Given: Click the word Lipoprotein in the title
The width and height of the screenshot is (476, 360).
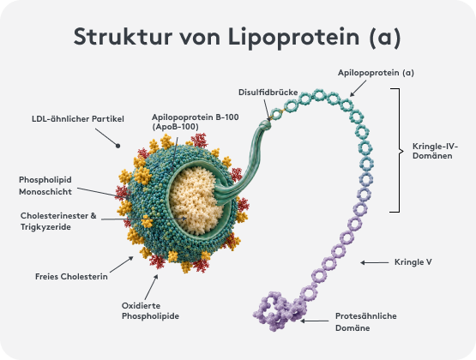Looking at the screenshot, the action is pos(293,38).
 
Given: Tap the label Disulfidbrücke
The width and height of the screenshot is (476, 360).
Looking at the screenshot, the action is pos(268,93).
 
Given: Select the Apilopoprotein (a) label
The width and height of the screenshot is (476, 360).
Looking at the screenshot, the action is pos(376,73).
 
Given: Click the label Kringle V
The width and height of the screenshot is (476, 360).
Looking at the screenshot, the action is pos(413,262).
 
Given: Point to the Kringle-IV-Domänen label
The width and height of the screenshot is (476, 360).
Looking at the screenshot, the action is pos(435,151).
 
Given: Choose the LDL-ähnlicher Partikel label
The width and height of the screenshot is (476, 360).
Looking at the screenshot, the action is pos(78,118).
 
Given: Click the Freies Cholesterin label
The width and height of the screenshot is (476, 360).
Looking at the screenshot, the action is pos(71,277).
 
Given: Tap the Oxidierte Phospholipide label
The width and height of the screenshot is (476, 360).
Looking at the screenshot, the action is pos(150,311).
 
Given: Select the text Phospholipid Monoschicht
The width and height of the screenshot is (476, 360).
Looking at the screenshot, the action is pos(45,186).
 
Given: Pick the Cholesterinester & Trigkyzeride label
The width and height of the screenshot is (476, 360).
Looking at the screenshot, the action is pos(58,221).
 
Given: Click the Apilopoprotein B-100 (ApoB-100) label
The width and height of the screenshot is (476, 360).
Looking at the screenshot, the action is pos(196,122).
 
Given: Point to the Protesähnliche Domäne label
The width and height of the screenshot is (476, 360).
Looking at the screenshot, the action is pos(366,321).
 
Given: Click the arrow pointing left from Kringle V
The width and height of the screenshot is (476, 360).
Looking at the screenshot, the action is pos(374,262).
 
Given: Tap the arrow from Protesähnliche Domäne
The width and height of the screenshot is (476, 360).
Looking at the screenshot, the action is pos(315,321).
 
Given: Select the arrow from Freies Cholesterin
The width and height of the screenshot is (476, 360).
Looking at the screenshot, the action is pos(122,265).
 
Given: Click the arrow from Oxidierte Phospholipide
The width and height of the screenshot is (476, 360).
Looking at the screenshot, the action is pos(151,287).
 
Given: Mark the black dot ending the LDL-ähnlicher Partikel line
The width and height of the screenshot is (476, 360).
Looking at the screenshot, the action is pos(118,146).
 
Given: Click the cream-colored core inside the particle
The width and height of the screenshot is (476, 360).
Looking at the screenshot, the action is pos(196,201).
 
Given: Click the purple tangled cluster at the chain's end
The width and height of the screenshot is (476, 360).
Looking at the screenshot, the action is pos(278,312).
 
